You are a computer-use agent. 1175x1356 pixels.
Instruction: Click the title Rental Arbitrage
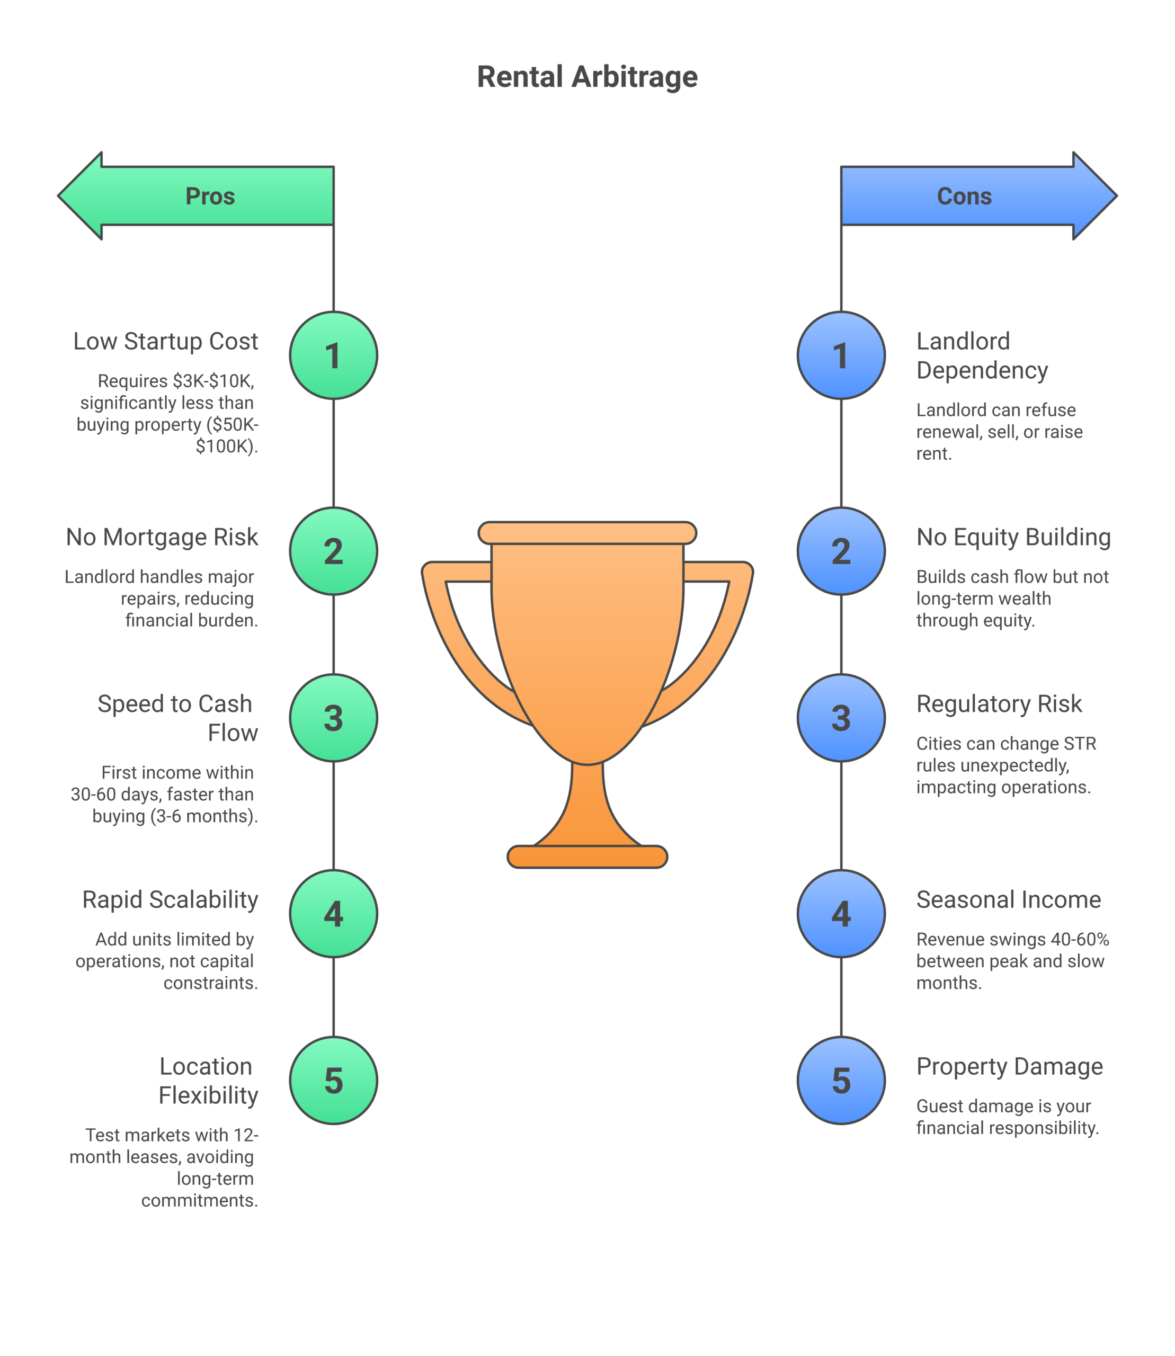pos(587,77)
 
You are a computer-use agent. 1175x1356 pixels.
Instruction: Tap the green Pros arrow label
pos(210,196)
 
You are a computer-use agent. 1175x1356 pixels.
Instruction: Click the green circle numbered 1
pos(333,355)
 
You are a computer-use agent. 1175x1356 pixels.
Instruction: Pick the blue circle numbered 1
pos(841,355)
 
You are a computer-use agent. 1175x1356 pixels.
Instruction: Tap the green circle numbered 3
pos(333,718)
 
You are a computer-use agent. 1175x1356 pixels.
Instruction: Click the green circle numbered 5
pos(333,1081)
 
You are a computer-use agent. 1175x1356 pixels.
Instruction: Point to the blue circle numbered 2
pos(841,551)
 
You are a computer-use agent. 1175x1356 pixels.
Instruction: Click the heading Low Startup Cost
pos(165,342)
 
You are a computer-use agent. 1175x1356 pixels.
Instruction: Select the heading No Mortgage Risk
pos(162,537)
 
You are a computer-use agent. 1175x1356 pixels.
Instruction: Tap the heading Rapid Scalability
pos(170,899)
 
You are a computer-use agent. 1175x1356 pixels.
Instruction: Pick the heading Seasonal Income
pos(1009,899)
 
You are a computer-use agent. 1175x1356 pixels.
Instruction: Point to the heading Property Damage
pos(1009,1067)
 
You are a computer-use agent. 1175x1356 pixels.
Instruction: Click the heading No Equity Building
pos(1013,537)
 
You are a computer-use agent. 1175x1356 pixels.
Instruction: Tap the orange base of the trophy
pos(587,857)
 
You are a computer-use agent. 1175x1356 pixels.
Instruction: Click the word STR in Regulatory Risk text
pos(1079,744)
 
